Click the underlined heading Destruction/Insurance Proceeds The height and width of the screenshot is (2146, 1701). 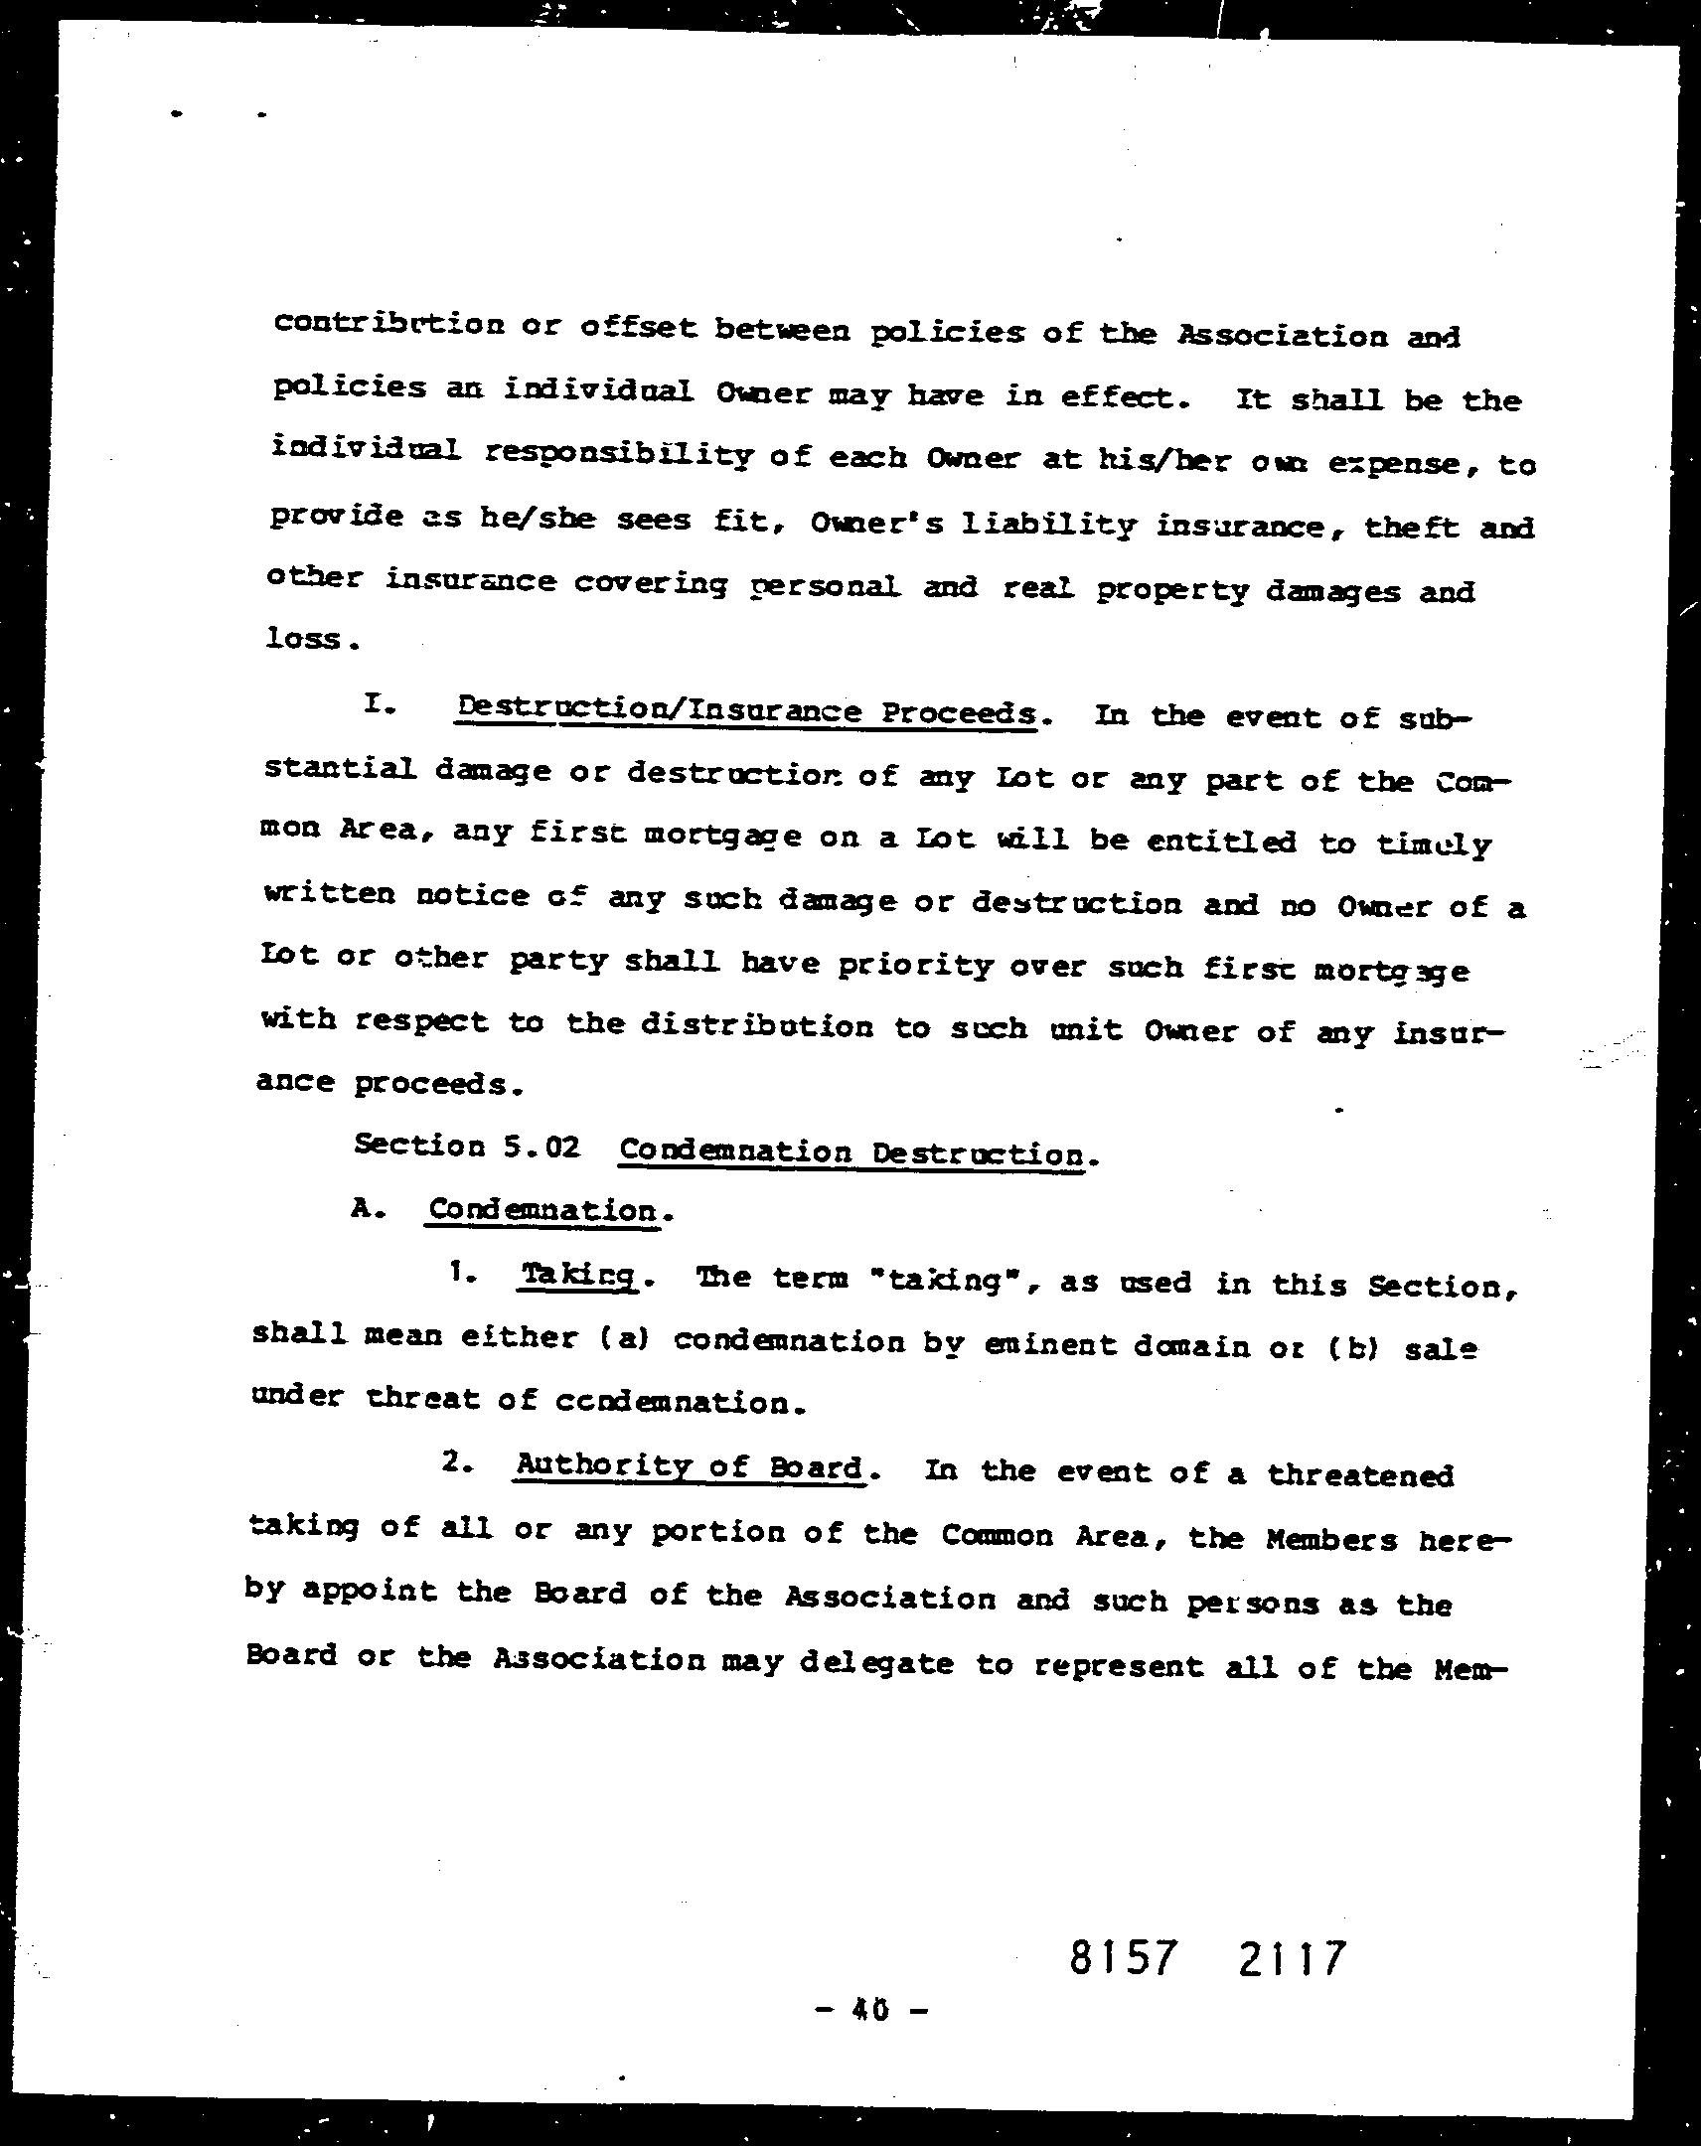coord(745,712)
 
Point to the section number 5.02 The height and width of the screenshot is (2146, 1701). coord(541,1147)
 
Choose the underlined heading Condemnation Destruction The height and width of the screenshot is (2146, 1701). coord(852,1152)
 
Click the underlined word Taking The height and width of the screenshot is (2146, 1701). coord(577,1275)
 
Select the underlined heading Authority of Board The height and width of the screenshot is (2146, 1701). coord(689,1467)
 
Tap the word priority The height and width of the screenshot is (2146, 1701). coord(915,965)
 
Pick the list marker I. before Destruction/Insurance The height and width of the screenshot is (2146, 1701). coord(381,704)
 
